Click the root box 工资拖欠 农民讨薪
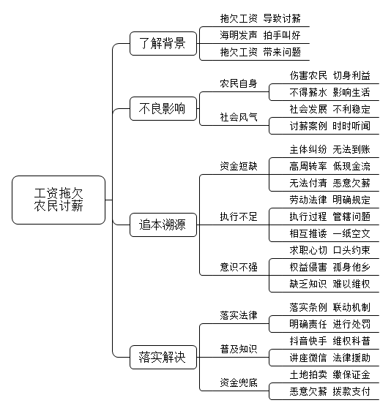(59, 200)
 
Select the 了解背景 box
(163, 43)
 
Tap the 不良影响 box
(163, 108)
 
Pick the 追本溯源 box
(163, 225)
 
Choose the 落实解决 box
(163, 358)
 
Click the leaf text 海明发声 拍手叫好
(260, 35)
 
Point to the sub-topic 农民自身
(239, 83)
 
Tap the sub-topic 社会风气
(239, 117)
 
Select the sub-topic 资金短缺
(239, 166)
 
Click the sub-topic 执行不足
(239, 216)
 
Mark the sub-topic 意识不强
(239, 267)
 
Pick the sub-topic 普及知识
(239, 349)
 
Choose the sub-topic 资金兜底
(239, 382)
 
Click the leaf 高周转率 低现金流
(329, 166)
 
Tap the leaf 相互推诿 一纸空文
(329, 233)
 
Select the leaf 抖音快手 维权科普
(329, 341)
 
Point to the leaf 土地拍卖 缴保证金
(329, 374)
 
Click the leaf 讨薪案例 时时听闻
(329, 126)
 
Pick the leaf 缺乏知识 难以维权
(329, 284)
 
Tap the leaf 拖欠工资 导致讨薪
(260, 18)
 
